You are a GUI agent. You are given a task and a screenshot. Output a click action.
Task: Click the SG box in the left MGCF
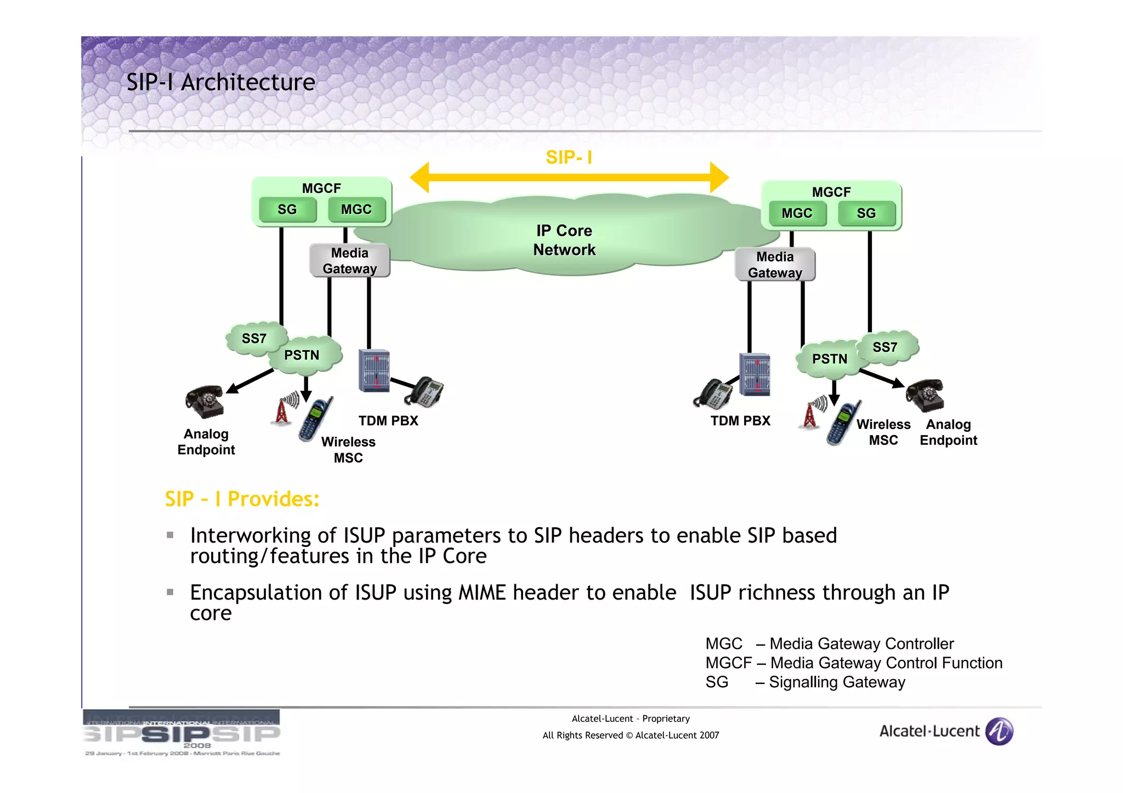coord(287,210)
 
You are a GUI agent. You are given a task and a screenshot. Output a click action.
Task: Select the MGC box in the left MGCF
coord(356,210)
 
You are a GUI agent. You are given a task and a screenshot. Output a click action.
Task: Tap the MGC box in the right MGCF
coord(797,214)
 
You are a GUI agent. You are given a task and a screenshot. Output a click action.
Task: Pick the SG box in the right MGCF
coord(866,214)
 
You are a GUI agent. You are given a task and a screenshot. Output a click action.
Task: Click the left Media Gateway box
coord(350,261)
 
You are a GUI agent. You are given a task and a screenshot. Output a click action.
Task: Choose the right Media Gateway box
coord(775,265)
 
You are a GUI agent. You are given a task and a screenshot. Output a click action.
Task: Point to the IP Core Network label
coord(564,240)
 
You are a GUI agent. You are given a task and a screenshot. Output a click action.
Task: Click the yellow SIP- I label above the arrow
coord(569,158)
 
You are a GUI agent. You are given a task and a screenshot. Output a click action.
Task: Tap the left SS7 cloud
coord(254,339)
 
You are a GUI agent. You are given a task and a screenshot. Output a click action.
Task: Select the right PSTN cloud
coord(829,359)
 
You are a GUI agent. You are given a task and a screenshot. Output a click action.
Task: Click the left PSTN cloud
coord(302,356)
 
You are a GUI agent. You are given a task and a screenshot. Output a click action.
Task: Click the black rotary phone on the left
coord(205,401)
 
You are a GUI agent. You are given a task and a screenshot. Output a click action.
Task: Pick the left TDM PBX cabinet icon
coord(374,370)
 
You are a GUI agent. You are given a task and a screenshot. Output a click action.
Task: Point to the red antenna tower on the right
coord(810,415)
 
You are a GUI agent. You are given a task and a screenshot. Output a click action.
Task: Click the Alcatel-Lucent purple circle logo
coord(999,731)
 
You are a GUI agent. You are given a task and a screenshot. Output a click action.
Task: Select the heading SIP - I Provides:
coord(242,499)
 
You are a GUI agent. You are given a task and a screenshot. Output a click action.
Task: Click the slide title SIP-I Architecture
coord(221,82)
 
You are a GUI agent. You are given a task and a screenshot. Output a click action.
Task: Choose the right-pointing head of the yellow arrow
coord(719,177)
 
